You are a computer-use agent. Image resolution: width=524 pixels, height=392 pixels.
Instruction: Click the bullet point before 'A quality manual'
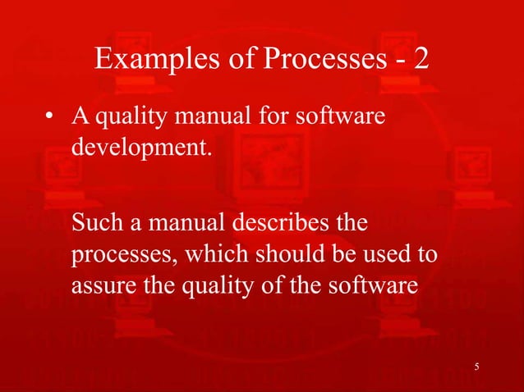[50, 119]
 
